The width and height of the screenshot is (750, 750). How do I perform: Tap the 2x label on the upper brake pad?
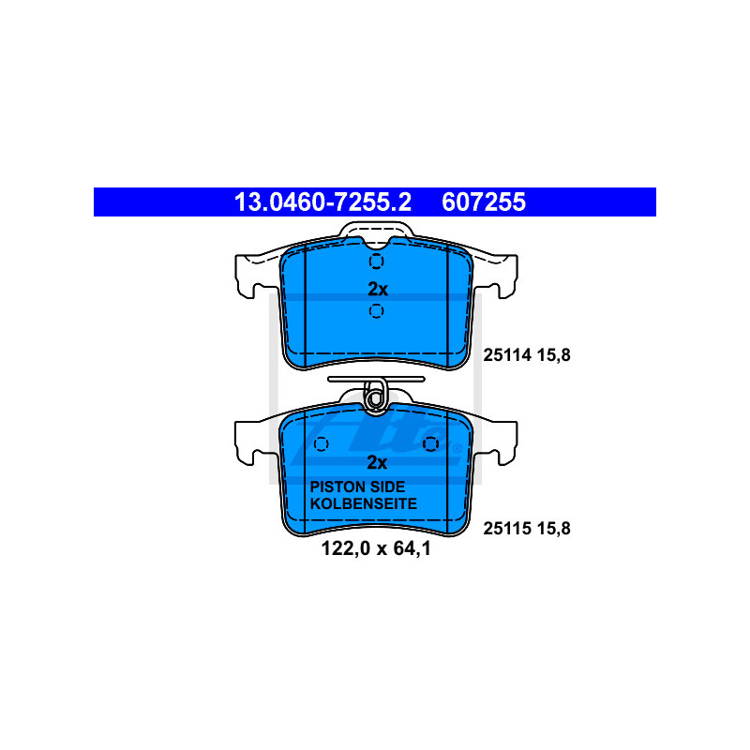coord(377,289)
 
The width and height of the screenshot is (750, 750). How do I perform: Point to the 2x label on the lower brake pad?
coord(377,462)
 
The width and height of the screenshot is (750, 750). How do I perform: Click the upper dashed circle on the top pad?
coord(377,262)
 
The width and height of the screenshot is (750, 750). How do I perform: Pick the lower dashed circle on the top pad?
coord(377,311)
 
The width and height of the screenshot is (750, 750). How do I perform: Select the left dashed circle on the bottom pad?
coord(322,443)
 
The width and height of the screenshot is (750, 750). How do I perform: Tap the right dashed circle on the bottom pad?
coord(431,443)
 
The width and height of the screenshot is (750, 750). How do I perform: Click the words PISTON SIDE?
coord(357,487)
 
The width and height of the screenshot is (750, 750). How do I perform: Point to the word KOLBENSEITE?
coord(364,503)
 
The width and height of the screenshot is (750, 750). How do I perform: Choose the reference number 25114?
coord(507,355)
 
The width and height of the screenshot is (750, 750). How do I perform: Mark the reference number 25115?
coord(507,528)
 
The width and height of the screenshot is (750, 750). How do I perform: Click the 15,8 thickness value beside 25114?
coord(553,355)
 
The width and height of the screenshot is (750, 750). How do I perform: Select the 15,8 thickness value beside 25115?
coord(553,528)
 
